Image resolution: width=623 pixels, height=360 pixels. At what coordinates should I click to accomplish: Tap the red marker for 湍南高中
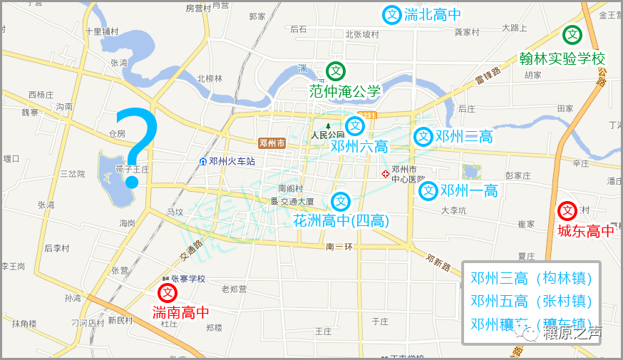click(x=168, y=293)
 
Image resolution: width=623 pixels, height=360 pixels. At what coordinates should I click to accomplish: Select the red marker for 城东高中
click(x=567, y=211)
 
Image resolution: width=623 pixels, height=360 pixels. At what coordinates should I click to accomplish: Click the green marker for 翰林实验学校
click(x=572, y=35)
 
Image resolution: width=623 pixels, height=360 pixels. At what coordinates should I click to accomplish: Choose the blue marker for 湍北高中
click(x=392, y=14)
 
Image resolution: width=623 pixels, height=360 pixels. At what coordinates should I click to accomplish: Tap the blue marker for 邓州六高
click(x=355, y=126)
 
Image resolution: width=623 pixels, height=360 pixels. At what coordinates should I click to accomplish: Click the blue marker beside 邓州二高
click(x=424, y=136)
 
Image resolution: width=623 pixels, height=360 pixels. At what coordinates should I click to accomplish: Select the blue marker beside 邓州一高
click(x=428, y=190)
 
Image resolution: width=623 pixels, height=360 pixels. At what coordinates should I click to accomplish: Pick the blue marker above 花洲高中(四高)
click(x=341, y=202)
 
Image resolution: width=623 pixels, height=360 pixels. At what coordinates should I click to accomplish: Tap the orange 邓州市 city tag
click(x=272, y=143)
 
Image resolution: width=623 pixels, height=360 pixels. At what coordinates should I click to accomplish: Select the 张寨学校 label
click(x=187, y=279)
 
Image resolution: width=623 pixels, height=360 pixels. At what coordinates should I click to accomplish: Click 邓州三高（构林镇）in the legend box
click(x=532, y=278)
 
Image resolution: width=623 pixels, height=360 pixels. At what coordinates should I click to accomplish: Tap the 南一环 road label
click(x=339, y=246)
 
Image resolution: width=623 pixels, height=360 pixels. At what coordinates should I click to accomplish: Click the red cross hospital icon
click(x=386, y=173)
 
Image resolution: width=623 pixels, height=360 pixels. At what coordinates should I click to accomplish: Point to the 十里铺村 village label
click(x=101, y=31)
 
